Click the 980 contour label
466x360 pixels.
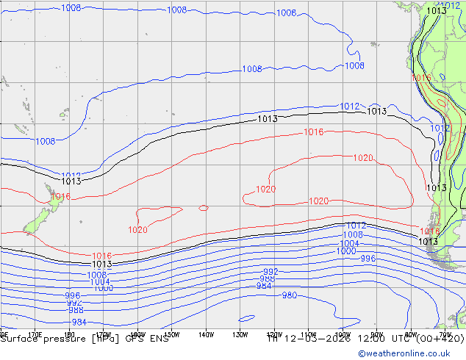tap(289, 295)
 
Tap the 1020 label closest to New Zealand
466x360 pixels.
tap(137, 230)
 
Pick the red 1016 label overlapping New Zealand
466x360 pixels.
tap(60, 197)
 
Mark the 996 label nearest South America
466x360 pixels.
tap(368, 259)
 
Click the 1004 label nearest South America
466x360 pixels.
tap(349, 244)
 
